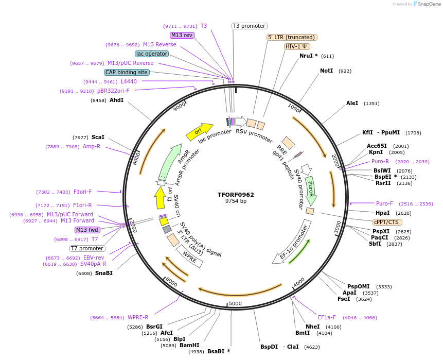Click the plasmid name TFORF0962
pyautogui.click(x=236, y=195)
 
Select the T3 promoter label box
pyautogui.click(x=249, y=26)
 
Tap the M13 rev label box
pyautogui.click(x=182, y=35)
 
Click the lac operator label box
pyautogui.click(x=152, y=54)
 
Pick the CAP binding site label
pyautogui.click(x=127, y=72)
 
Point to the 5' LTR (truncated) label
pyautogui.click(x=292, y=37)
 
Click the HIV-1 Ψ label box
pyautogui.click(x=297, y=46)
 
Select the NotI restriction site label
pyautogui.click(x=326, y=71)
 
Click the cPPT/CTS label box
pyautogui.click(x=386, y=222)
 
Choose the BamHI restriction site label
pyautogui.click(x=189, y=345)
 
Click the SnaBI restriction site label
pyautogui.click(x=103, y=273)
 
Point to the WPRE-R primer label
pyautogui.click(x=138, y=317)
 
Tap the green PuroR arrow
pyautogui.click(x=310, y=189)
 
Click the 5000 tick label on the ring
pyautogui.click(x=235, y=303)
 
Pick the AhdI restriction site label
pyautogui.click(x=116, y=100)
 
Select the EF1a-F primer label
pyautogui.click(x=326, y=317)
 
